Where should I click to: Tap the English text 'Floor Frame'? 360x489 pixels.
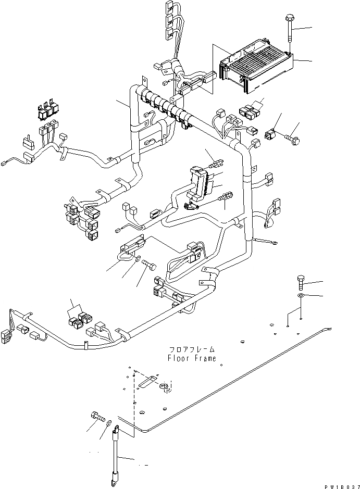(191, 358)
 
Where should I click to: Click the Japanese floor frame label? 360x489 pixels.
(191, 349)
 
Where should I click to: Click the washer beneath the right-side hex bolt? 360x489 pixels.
(301, 296)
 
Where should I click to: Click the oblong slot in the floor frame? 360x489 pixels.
(147, 379)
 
